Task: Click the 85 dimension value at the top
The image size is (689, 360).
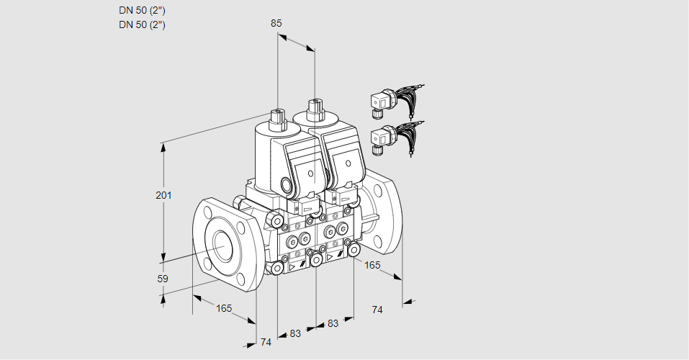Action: tap(276, 23)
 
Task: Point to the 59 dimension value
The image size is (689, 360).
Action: tap(163, 279)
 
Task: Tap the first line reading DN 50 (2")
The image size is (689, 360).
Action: tap(142, 11)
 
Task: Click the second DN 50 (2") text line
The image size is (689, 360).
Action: tap(142, 24)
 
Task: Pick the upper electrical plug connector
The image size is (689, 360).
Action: tap(381, 102)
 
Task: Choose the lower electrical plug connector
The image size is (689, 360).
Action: tap(381, 138)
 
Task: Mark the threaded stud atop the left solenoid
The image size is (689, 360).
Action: tap(277, 117)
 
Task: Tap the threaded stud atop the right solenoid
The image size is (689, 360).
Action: tap(314, 109)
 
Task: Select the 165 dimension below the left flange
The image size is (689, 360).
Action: tap(224, 308)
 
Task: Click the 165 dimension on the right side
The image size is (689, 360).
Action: tap(371, 265)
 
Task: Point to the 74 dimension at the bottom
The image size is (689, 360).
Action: tap(266, 342)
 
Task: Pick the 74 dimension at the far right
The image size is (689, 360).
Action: tap(377, 310)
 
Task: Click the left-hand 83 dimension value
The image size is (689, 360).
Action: tap(295, 333)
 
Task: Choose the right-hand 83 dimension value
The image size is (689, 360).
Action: tap(333, 323)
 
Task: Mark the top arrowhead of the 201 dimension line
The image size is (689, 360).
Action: tap(163, 146)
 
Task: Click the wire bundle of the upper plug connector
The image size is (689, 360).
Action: tap(410, 99)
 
